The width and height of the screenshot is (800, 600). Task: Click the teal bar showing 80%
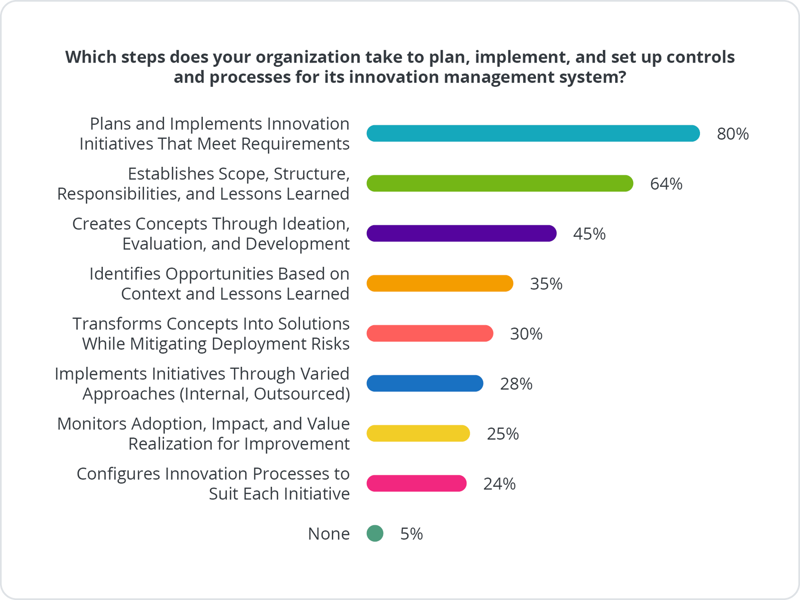click(x=533, y=134)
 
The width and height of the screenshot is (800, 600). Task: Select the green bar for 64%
click(x=500, y=183)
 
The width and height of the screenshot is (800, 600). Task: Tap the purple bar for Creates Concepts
click(x=461, y=234)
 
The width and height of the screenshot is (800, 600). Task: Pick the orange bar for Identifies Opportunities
click(x=440, y=283)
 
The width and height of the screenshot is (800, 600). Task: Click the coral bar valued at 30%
click(x=430, y=334)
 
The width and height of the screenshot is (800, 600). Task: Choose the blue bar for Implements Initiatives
click(x=425, y=383)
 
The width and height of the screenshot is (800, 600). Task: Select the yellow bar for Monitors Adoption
click(x=418, y=434)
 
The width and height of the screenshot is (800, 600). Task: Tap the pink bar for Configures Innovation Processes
click(x=417, y=483)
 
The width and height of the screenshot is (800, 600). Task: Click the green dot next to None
click(x=375, y=534)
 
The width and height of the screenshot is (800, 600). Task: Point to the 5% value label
click(x=411, y=534)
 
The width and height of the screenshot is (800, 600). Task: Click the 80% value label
click(x=733, y=134)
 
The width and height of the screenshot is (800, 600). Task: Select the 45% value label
click(x=589, y=234)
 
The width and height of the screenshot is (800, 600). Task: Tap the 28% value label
click(x=516, y=384)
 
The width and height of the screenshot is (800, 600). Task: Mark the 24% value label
click(x=499, y=484)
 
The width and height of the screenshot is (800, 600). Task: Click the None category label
click(x=328, y=534)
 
